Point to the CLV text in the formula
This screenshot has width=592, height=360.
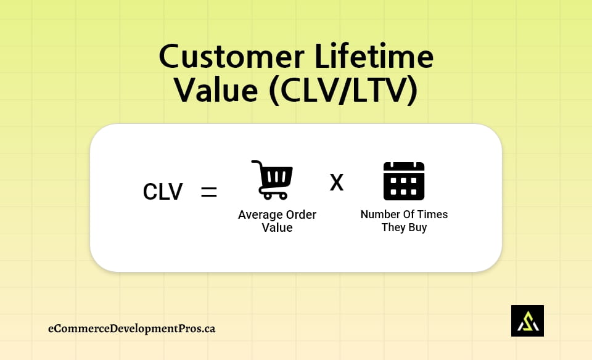pyautogui.click(x=163, y=192)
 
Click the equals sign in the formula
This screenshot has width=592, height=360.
pyautogui.click(x=209, y=192)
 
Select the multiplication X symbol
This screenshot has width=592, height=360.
pyautogui.click(x=337, y=182)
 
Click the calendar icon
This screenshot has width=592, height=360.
pyautogui.click(x=404, y=181)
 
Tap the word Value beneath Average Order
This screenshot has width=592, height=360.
pyautogui.click(x=277, y=227)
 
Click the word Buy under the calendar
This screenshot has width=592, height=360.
pyautogui.click(x=417, y=227)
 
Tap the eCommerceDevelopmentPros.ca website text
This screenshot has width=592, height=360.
pyautogui.click(x=132, y=329)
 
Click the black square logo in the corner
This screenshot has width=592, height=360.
pyautogui.click(x=527, y=321)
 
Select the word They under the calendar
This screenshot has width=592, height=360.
pyautogui.click(x=393, y=227)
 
